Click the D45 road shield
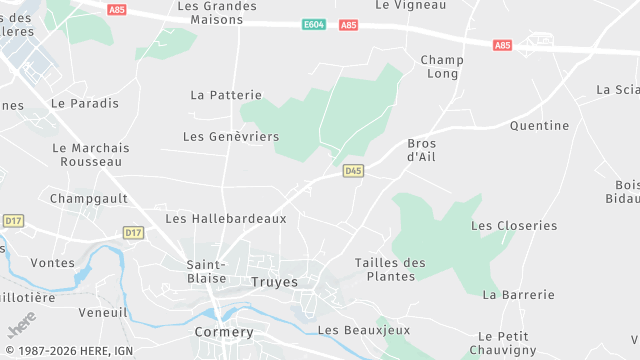[353, 171]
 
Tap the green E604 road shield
[314, 25]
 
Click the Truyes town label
[274, 283]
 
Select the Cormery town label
[224, 331]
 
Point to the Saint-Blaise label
[207, 271]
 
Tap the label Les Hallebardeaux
[226, 218]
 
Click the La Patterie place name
[226, 95]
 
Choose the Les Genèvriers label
[231, 136]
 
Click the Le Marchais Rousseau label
[91, 154]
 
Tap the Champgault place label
[89, 199]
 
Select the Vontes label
[53, 263]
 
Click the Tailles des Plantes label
[390, 269]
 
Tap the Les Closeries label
[514, 226]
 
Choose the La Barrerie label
[518, 295]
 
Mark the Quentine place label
[539, 126]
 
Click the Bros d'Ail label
[422, 150]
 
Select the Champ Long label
[441, 67]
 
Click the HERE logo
[21, 326]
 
